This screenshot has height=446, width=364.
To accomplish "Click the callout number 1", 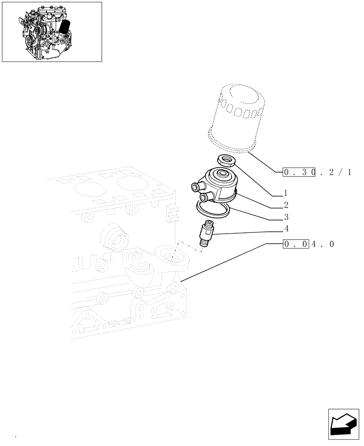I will click(x=285, y=194).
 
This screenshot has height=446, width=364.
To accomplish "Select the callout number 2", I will click(x=285, y=205).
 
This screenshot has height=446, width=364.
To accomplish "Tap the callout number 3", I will click(x=285, y=217).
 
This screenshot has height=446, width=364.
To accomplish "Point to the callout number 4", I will click(x=285, y=229).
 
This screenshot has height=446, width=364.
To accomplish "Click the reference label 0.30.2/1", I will click(x=317, y=171).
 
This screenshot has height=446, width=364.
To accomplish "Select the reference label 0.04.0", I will click(x=308, y=244).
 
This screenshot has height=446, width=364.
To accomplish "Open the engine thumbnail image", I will click(x=52, y=32).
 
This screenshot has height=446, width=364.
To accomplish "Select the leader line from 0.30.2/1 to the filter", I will click(x=265, y=162).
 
